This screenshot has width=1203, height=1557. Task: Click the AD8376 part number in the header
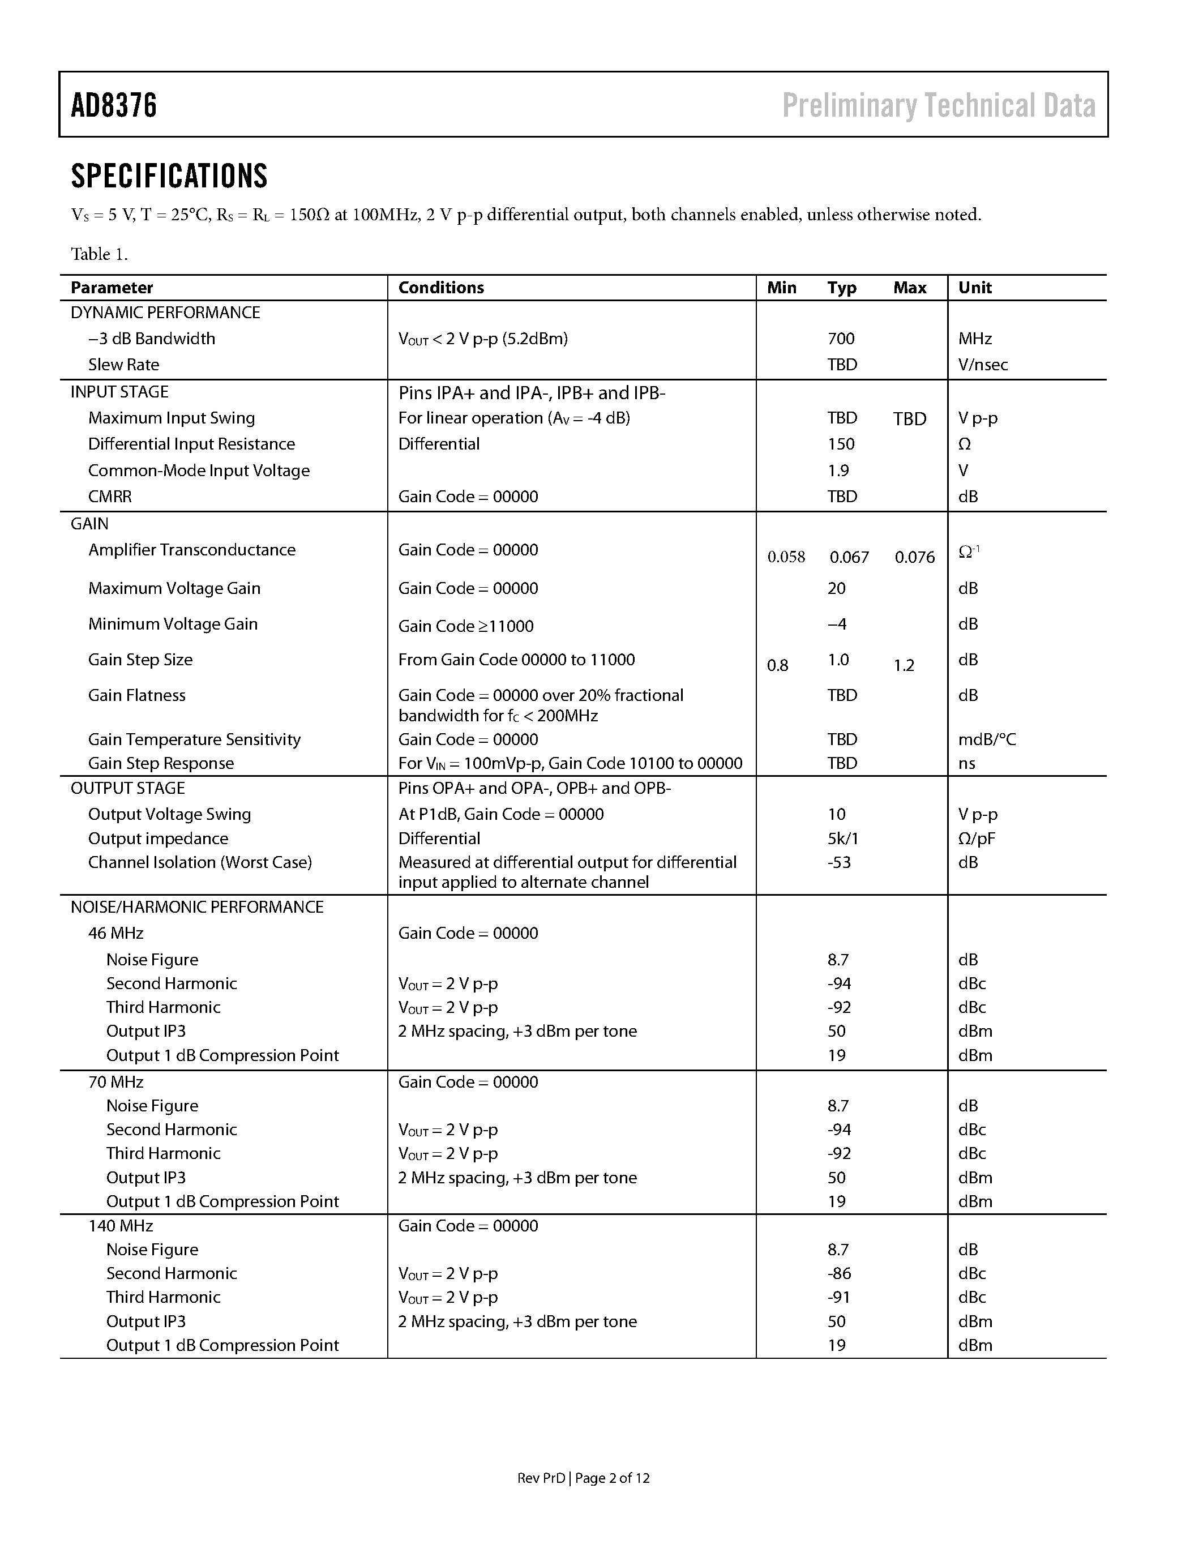[114, 105]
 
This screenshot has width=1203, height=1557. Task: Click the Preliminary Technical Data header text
[939, 105]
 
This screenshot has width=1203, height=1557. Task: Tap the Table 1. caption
[99, 255]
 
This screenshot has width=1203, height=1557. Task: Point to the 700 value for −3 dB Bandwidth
[841, 339]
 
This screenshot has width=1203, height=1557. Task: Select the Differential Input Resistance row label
[191, 444]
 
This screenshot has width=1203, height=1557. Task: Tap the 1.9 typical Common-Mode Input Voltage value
[838, 470]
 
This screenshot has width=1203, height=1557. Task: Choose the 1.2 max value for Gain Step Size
[904, 666]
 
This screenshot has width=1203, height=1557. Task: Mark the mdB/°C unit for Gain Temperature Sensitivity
[986, 739]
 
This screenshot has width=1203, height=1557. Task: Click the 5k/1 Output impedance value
[842, 839]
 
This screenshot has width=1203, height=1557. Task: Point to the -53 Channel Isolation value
[839, 863]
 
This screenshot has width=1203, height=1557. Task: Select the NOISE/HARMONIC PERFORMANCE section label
[196, 907]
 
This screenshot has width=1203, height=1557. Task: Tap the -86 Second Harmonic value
[839, 1273]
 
